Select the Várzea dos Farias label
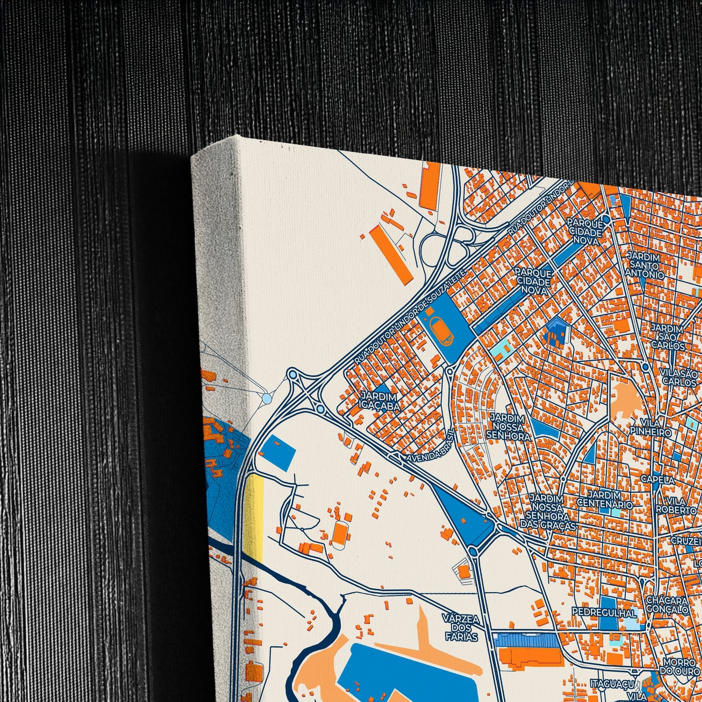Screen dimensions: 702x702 pos(460,626)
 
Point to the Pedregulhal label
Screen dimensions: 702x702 pos(604,612)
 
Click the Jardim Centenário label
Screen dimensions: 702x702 pos(605,500)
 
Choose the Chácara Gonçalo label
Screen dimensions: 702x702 pos(667,605)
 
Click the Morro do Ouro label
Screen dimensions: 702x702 pos(680,667)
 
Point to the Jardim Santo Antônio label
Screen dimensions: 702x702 pos(644,265)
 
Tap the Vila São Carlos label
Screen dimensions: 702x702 pos(679,377)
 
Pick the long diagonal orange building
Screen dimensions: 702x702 pos(391,253)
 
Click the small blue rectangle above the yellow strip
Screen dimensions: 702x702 pos(278,452)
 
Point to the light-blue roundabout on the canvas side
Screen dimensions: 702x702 pos(267,399)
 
